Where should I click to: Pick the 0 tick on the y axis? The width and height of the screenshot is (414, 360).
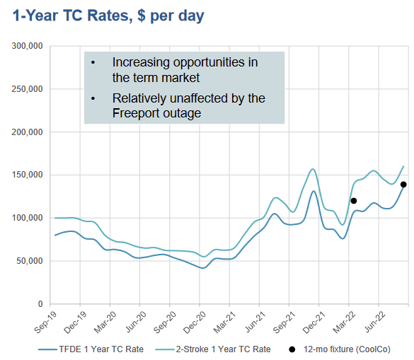pos(40,304)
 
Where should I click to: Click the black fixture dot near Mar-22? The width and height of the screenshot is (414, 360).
pos(354,201)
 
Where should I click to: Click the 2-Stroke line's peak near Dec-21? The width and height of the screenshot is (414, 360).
pos(312,169)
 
